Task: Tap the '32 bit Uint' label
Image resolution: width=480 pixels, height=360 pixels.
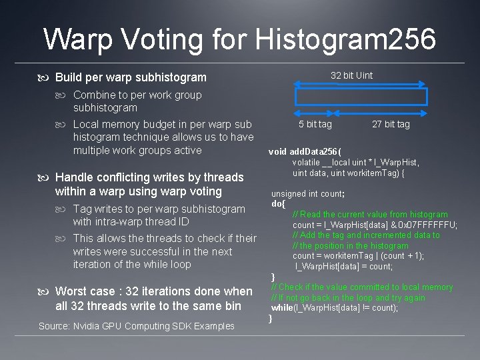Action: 352,75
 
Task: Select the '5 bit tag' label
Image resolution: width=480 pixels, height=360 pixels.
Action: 315,124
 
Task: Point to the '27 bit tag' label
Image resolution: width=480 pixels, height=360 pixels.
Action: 391,124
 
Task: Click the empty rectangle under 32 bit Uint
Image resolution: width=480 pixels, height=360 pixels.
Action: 361,97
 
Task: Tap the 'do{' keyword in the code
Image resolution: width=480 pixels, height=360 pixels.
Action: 278,203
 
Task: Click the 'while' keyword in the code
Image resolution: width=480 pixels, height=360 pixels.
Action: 283,308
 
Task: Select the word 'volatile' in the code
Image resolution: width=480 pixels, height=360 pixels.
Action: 306,162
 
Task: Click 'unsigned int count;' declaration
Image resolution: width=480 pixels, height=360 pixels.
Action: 307,193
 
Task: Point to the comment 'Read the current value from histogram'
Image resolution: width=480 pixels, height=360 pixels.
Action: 374,215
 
